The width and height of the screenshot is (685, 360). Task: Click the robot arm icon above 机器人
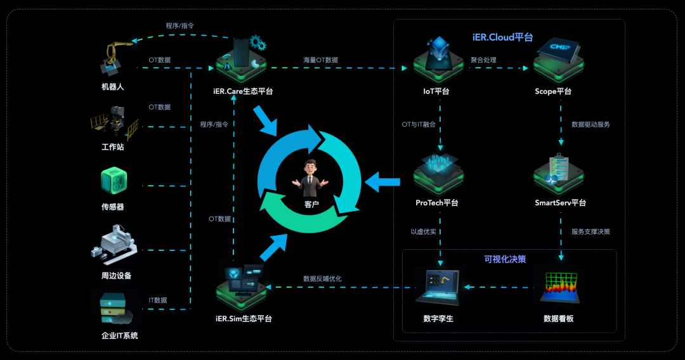pos(113,58)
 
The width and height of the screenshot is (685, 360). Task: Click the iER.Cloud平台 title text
pos(502,37)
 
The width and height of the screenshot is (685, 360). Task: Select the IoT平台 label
pos(436,91)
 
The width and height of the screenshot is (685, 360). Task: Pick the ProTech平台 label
pos(436,203)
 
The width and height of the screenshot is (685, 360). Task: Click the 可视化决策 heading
pos(505,259)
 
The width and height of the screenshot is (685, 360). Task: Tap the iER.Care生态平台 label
pos(243,91)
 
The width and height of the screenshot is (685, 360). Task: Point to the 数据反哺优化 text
pos(322,278)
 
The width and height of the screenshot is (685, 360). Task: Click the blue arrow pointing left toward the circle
pos(384,183)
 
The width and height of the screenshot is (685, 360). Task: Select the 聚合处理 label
pos(483,60)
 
